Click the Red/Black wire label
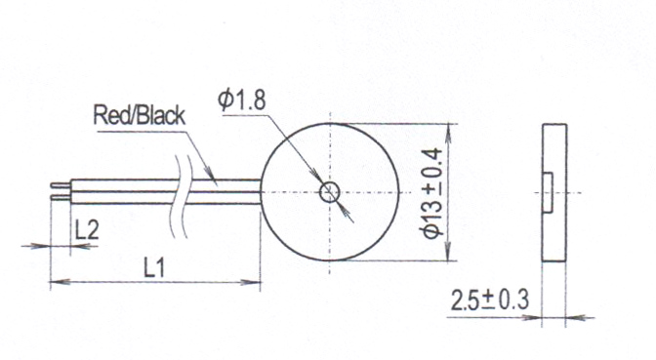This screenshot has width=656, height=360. pyautogui.click(x=139, y=116)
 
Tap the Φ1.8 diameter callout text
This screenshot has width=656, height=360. pyautogui.click(x=242, y=100)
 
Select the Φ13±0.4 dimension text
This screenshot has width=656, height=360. pyautogui.click(x=432, y=193)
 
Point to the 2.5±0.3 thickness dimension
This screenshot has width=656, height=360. pyautogui.click(x=489, y=300)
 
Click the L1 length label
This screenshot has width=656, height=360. pyautogui.click(x=154, y=268)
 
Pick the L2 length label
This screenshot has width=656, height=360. pyautogui.click(x=87, y=230)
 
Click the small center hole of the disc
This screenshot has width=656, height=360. pyautogui.click(x=330, y=193)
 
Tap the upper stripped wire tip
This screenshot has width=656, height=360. pyautogui.click(x=61, y=185)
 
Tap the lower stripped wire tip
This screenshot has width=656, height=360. pyautogui.click(x=61, y=197)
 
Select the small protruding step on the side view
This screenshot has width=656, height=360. pyautogui.click(x=548, y=192)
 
